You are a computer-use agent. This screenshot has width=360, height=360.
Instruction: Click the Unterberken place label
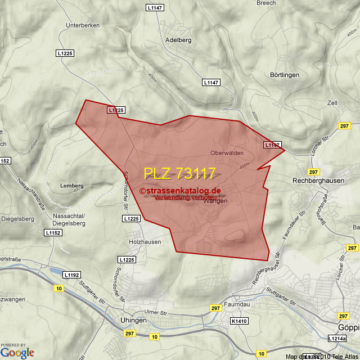[x=83, y=25]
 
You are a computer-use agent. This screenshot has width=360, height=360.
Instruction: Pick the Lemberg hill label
[x=71, y=186]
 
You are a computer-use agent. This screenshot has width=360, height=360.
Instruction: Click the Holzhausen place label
[x=145, y=242]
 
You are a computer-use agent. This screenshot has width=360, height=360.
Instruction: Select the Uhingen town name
[x=133, y=320]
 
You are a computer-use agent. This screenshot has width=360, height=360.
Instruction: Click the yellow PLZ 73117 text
[x=179, y=173]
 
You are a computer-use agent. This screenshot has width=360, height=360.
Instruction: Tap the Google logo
[x=17, y=352]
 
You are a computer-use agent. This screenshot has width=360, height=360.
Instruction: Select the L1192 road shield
[x=71, y=274]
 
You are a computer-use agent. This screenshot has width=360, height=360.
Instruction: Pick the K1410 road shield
[x=238, y=321]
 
